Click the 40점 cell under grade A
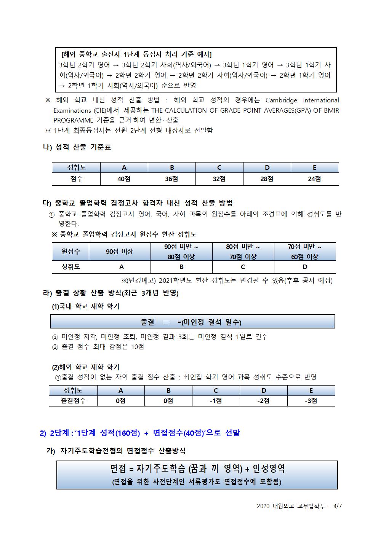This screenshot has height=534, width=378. tap(124, 179)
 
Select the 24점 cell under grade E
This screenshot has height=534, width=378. tap(314, 179)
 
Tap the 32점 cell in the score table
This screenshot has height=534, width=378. tap(219, 179)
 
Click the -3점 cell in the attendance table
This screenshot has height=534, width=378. tap(311, 400)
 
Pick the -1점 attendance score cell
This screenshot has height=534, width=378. tap(216, 400)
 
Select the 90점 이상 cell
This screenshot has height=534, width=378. tap(120, 252)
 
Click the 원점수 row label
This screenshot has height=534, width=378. tap(71, 252)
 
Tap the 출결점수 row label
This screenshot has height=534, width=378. tap(73, 400)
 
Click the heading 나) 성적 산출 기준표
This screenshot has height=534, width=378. tap(77, 147)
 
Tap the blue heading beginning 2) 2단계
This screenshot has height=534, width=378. tap(140, 433)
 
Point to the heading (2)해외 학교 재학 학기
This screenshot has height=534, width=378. tap(86, 367)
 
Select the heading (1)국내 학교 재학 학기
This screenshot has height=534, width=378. tap(86, 306)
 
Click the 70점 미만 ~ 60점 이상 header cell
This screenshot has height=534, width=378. tap(304, 252)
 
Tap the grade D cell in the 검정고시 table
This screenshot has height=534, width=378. tap(304, 267)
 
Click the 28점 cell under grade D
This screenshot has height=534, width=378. tap(267, 179)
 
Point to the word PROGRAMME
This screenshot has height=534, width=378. tap(72, 120)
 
